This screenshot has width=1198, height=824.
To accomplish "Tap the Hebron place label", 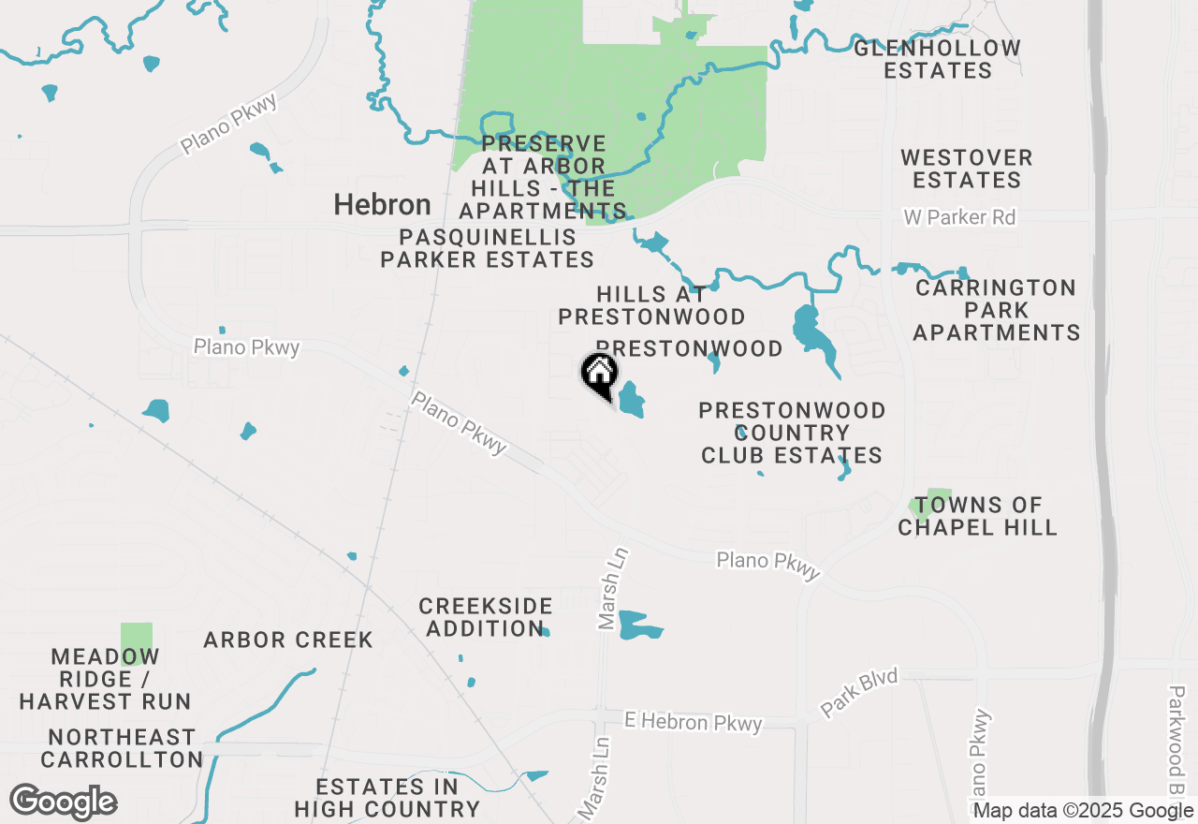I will (x=383, y=205).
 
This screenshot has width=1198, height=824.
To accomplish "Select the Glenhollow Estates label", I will (x=937, y=59).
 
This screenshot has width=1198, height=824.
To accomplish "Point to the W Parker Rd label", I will (x=958, y=217).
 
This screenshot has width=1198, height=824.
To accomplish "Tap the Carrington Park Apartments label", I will (x=997, y=310).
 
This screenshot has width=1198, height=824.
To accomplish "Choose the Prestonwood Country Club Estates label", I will (x=792, y=433).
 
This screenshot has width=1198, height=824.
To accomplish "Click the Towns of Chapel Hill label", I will (x=978, y=516).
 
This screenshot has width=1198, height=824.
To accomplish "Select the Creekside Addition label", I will (x=486, y=617).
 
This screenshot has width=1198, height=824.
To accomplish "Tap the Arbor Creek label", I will (x=288, y=640).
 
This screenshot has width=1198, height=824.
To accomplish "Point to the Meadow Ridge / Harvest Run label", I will (x=105, y=679).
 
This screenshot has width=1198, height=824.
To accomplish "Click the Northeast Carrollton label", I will (x=122, y=748).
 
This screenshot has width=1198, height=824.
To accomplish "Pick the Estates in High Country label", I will (x=387, y=798).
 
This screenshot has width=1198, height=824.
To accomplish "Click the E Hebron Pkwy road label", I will (x=694, y=722).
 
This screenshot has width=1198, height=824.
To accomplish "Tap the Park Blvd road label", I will (x=859, y=693).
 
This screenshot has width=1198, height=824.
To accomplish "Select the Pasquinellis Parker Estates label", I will (x=487, y=248).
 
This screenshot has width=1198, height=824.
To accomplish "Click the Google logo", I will (x=63, y=802).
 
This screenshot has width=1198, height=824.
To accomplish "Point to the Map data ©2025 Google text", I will (x=1083, y=811).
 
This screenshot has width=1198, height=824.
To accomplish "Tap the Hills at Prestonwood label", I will (x=651, y=306).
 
